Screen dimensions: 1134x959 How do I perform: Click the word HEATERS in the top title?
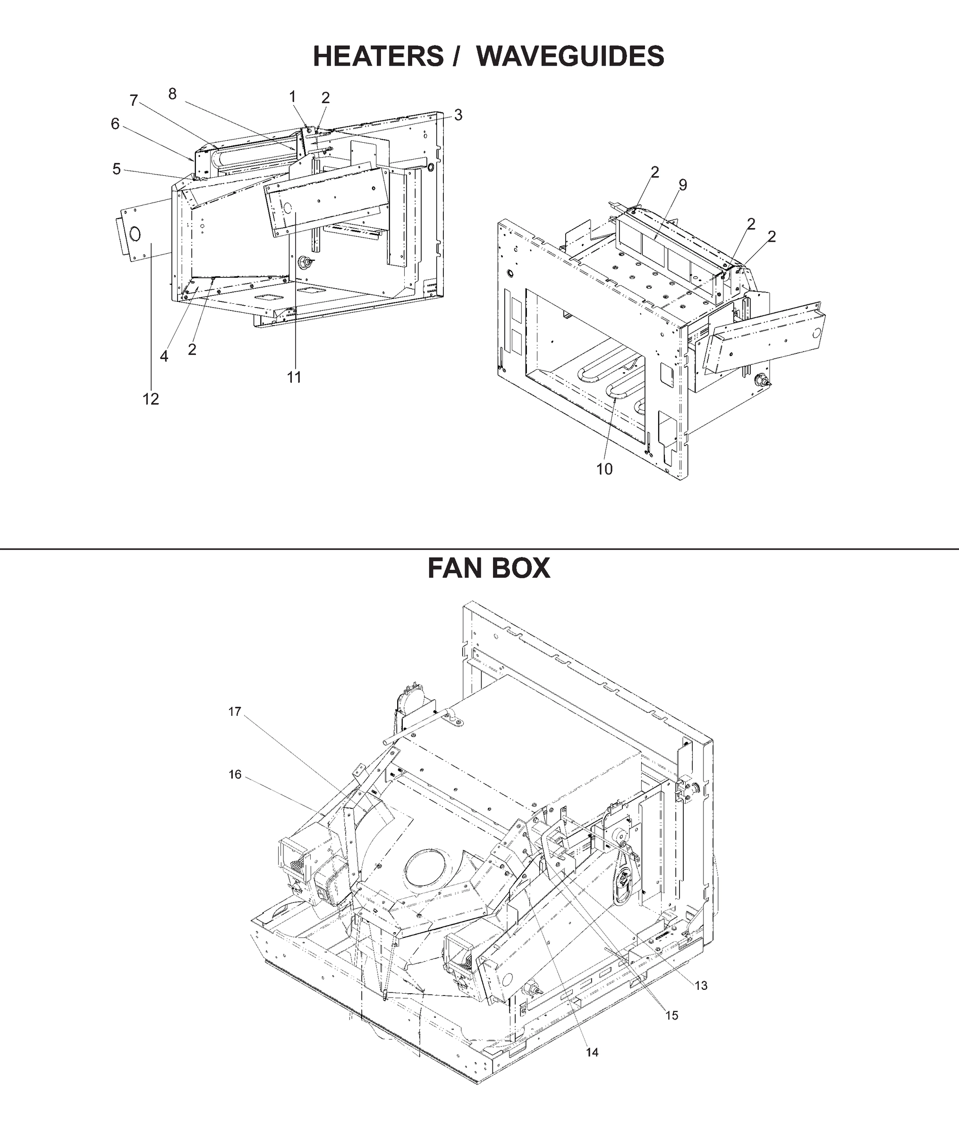tap(378, 56)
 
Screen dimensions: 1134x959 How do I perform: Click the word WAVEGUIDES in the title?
tap(573, 56)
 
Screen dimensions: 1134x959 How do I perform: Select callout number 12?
tap(151, 399)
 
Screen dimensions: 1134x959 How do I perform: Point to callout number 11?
tap(294, 377)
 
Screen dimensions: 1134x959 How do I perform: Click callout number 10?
tap(604, 469)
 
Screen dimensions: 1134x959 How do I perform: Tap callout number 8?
tap(172, 94)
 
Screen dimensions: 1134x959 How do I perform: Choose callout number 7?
tap(133, 101)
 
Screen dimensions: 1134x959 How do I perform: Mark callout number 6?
tap(115, 124)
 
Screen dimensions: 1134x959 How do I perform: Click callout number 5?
tap(116, 169)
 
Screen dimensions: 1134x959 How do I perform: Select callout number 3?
tap(458, 115)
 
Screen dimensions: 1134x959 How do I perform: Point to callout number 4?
tap(164, 356)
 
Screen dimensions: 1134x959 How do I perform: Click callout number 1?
tap(292, 97)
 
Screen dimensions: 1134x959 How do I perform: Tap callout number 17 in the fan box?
tap(234, 712)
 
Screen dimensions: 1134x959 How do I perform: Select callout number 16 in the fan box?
tap(234, 774)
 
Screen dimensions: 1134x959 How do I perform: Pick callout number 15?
tap(672, 1015)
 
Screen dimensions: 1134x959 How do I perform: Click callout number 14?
tap(592, 1052)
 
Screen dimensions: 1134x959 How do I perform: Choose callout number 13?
tap(701, 986)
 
